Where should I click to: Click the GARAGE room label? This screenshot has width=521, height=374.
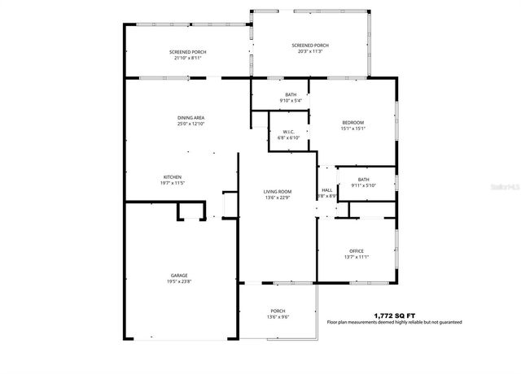click(180, 275)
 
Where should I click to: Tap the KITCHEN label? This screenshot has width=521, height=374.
click(172, 177)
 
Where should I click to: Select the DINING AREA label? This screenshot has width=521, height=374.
click(190, 118)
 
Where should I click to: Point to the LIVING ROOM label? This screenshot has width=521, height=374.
click(278, 191)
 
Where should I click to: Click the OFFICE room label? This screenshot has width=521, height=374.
click(357, 250)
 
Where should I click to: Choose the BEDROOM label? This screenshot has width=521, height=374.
click(352, 122)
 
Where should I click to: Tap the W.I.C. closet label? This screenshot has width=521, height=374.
click(288, 132)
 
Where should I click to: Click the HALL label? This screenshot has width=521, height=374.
click(326, 190)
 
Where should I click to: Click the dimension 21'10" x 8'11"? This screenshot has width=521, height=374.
click(186, 59)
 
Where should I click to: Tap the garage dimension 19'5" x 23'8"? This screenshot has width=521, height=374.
click(180, 281)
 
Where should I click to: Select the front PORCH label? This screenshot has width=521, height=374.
click(278, 311)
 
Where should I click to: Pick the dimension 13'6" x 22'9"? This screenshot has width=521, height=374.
click(278, 197)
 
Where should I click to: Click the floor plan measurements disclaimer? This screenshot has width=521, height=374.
click(394, 323)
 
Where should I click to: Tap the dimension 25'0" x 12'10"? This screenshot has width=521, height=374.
click(190, 124)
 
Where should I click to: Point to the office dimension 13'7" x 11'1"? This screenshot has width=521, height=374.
click(357, 257)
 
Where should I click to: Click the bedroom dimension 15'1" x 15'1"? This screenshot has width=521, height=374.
click(352, 128)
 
